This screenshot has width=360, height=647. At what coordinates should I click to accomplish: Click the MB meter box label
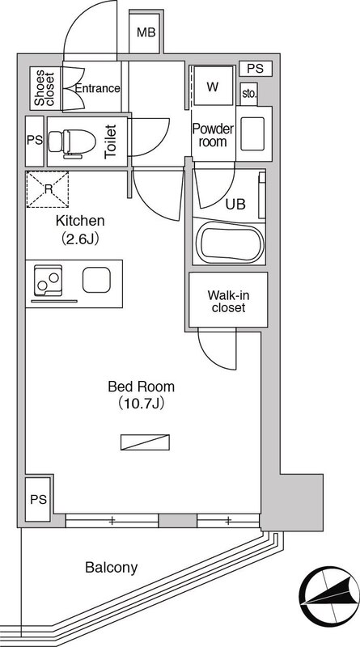click(x=146, y=32)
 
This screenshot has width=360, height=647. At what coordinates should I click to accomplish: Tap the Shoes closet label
click(x=44, y=89)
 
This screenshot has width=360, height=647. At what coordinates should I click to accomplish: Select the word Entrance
click(x=97, y=88)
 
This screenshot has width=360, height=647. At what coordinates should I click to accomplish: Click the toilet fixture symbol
click(x=72, y=143)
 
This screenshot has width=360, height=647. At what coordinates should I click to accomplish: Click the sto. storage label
click(x=249, y=93)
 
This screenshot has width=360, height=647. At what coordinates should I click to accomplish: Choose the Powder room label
click(x=213, y=135)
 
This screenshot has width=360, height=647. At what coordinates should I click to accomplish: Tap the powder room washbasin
click(x=252, y=133)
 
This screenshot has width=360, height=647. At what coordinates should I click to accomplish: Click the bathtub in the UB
click(x=229, y=242)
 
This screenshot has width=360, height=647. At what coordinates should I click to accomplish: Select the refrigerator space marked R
click(x=48, y=189)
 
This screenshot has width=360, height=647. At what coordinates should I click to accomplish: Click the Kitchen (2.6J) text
click(x=80, y=230)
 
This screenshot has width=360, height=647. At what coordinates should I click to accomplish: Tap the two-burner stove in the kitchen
click(x=48, y=281)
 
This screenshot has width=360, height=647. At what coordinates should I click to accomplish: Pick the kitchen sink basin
click(x=96, y=280)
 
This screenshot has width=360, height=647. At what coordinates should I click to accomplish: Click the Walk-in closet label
click(x=228, y=301)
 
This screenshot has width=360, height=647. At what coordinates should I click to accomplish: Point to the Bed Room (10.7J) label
click(x=142, y=395)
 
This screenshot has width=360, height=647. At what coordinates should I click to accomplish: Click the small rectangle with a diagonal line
click(x=145, y=442)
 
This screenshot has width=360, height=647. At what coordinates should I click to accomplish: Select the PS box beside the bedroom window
click(x=38, y=499)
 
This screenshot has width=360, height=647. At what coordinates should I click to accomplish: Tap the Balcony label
click(x=111, y=568)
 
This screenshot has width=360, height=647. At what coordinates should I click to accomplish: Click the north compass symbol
click(x=326, y=592)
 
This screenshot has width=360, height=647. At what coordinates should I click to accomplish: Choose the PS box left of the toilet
click(x=35, y=141)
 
